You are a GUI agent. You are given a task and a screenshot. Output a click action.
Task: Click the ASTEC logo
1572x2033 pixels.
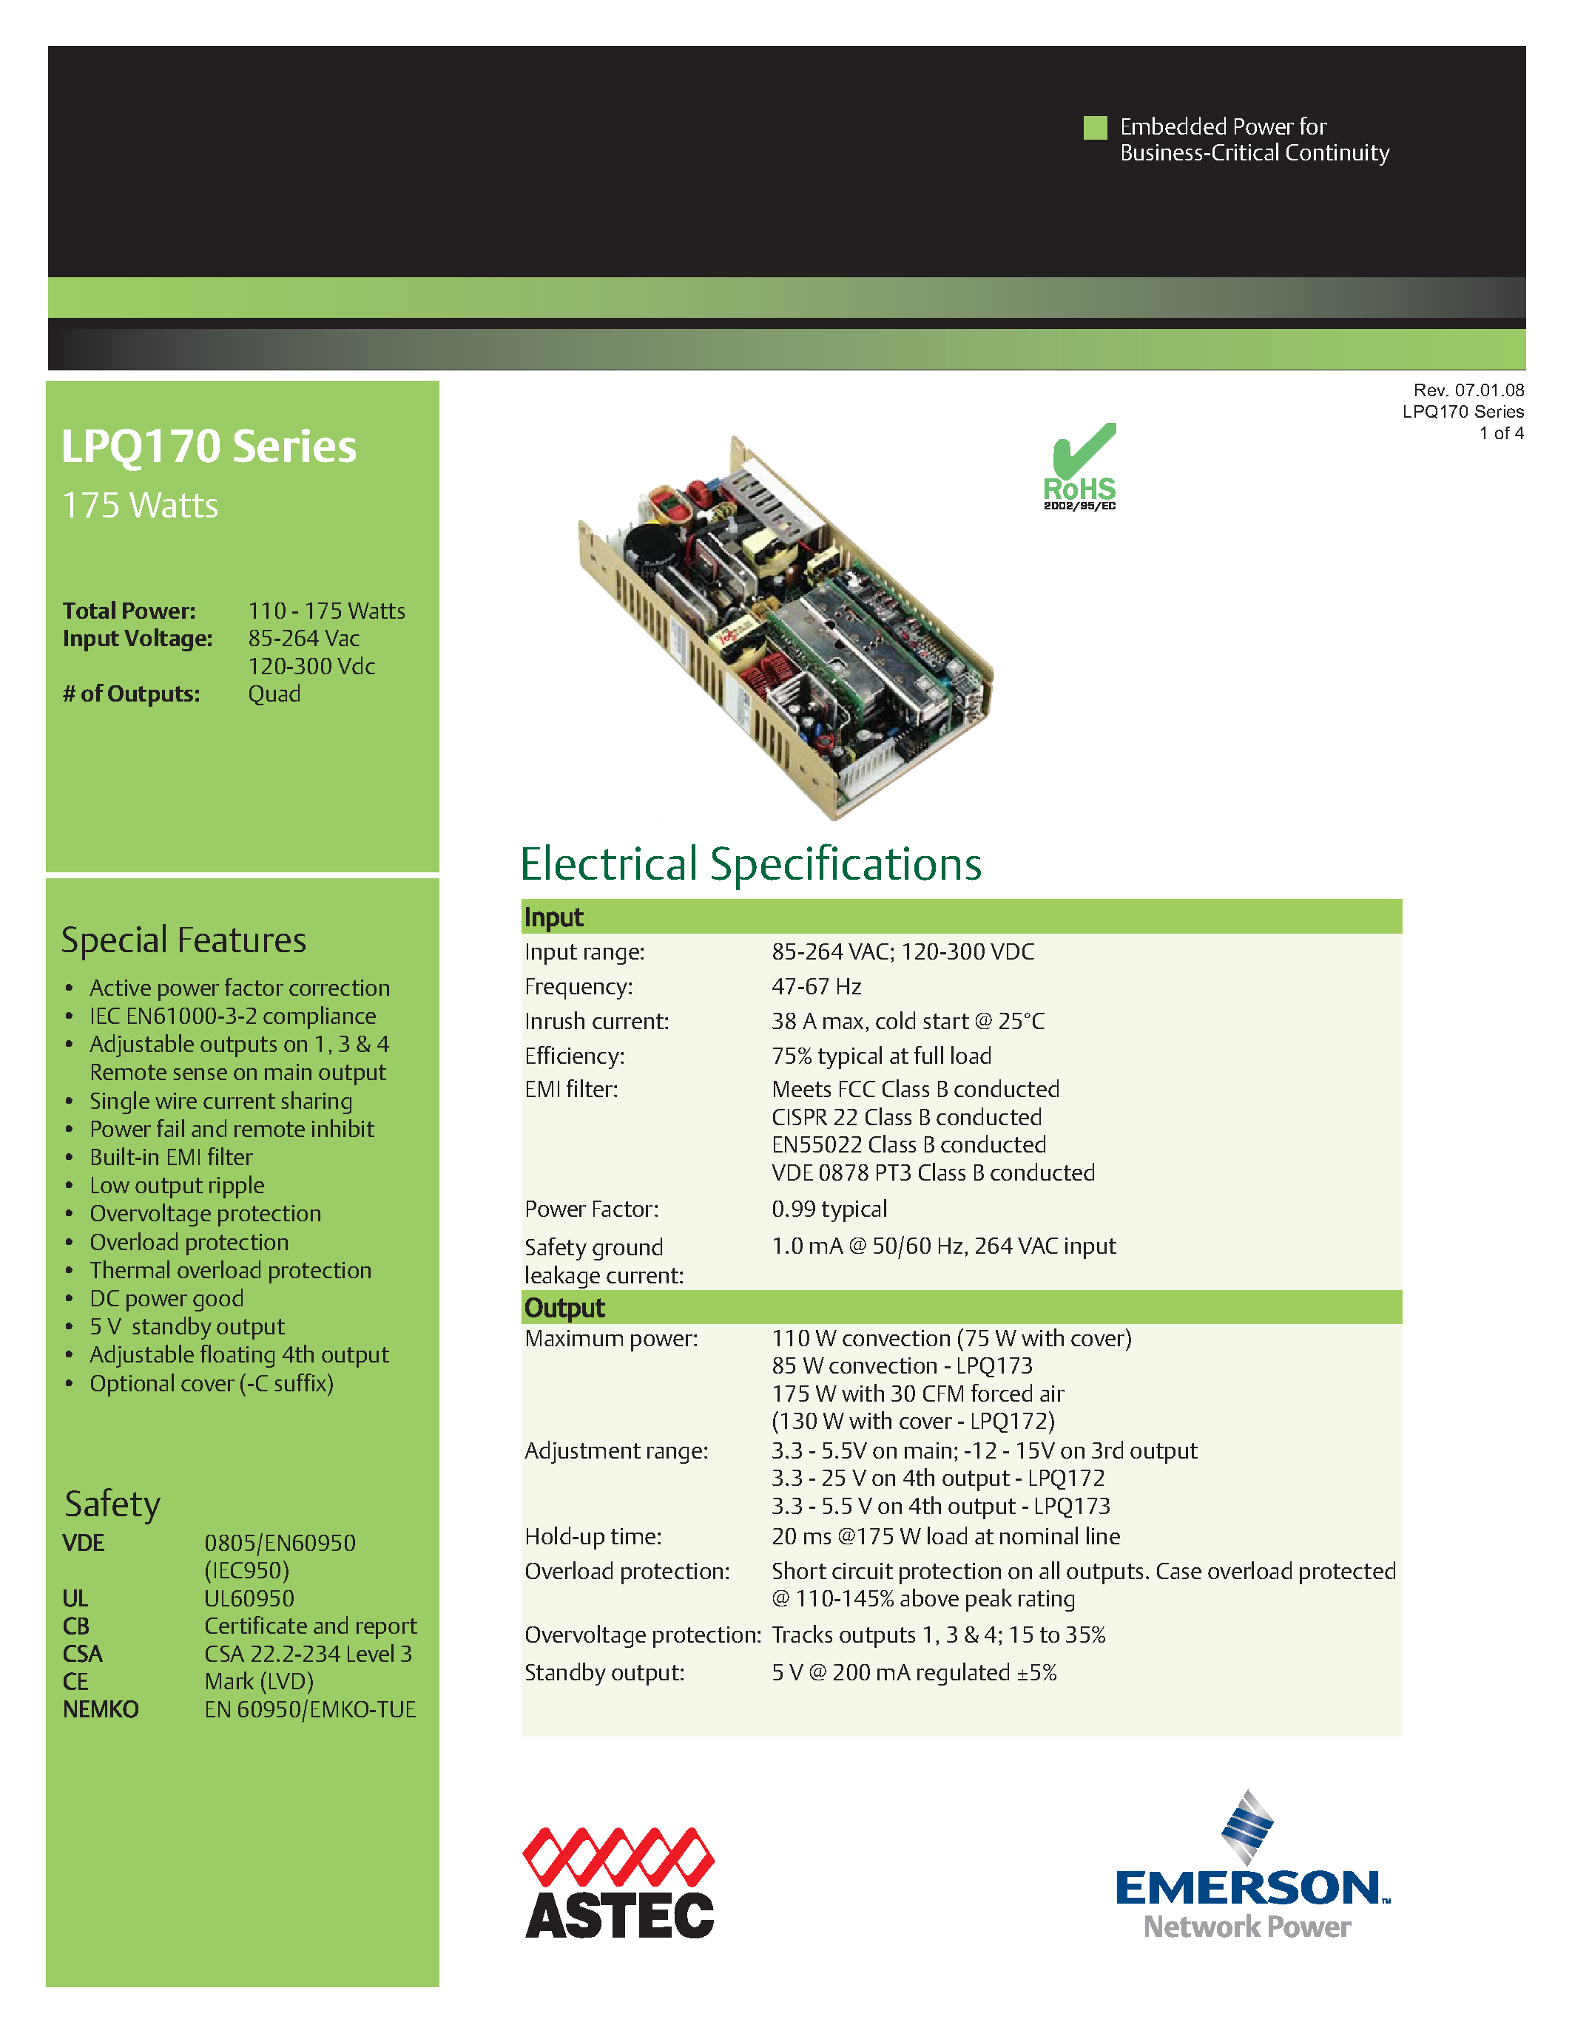tap(619, 1882)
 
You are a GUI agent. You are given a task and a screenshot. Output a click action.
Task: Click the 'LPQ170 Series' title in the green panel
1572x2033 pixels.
tap(209, 447)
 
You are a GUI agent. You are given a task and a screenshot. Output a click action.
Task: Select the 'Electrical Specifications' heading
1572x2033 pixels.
tap(751, 863)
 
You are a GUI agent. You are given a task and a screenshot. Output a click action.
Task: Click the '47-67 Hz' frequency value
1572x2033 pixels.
tap(816, 987)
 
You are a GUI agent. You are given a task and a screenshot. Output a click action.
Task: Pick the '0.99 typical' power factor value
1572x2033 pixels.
tap(829, 1209)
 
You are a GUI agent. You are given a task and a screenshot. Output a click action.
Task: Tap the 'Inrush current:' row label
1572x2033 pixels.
tap(597, 1021)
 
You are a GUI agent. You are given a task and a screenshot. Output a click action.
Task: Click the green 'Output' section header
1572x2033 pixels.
tap(564, 1308)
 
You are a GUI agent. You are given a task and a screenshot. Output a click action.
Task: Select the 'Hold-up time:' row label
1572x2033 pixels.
tap(593, 1537)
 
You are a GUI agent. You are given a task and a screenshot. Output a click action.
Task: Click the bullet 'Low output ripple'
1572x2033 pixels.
tap(177, 1186)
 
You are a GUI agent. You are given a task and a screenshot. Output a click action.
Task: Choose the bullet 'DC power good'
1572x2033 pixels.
tap(166, 1299)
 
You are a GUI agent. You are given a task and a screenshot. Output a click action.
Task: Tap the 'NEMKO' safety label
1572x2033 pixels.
tap(101, 1710)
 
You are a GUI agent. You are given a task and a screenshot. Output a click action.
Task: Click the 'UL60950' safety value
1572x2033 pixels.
tap(249, 1599)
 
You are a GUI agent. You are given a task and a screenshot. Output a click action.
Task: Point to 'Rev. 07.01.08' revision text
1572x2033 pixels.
tap(1468, 390)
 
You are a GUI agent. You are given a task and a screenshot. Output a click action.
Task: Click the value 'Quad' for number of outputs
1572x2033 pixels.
tap(274, 694)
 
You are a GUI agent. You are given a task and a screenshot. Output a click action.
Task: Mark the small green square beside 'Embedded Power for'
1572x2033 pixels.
tap(1095, 128)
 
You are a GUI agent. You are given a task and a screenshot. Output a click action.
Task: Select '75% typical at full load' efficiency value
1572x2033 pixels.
tap(881, 1056)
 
